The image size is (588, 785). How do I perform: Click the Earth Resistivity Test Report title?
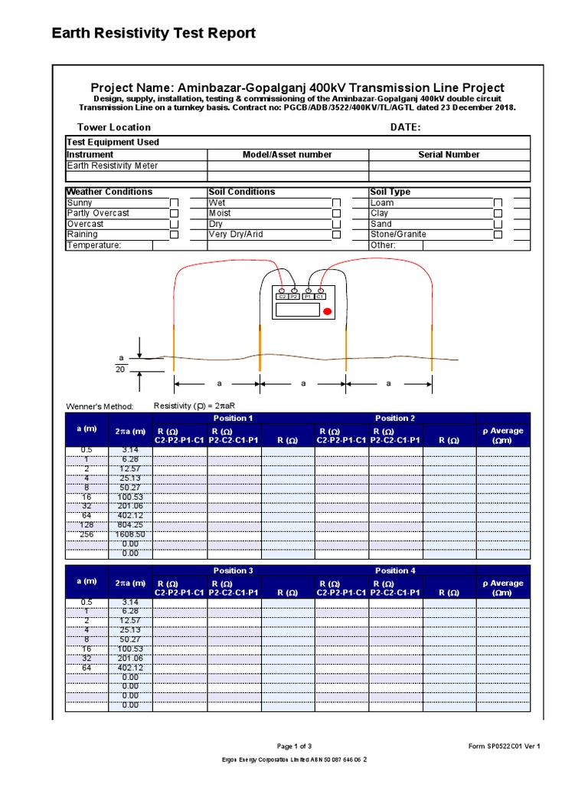(153, 33)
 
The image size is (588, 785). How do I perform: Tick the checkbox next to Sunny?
(174, 203)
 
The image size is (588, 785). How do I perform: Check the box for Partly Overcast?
(174, 214)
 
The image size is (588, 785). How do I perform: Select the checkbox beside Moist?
(336, 214)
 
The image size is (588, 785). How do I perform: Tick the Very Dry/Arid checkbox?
(336, 235)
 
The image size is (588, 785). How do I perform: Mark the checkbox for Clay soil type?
(498, 214)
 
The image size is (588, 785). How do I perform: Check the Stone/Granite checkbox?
(498, 235)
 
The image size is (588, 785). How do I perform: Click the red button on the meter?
(327, 311)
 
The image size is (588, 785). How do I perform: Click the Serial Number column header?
(449, 155)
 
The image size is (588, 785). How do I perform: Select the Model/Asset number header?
(287, 155)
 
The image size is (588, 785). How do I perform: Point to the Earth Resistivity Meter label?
(113, 166)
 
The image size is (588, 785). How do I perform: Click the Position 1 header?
(234, 419)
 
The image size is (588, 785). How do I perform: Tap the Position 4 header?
(395, 571)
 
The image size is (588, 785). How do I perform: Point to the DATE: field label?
(406, 127)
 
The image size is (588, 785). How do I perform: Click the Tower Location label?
(114, 127)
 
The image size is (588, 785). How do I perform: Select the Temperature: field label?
(94, 245)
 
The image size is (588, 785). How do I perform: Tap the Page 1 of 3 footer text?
(293, 746)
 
